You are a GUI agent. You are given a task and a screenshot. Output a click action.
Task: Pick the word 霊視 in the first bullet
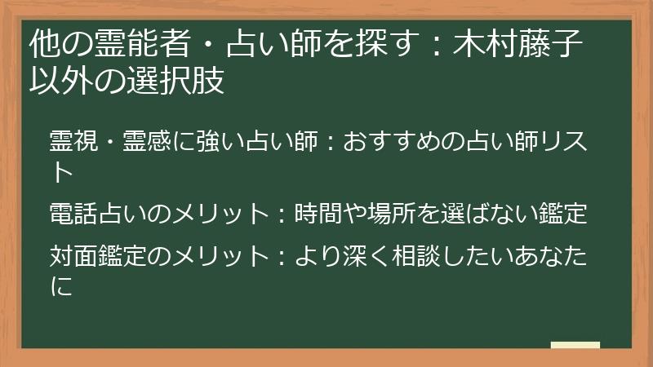click(x=71, y=139)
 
